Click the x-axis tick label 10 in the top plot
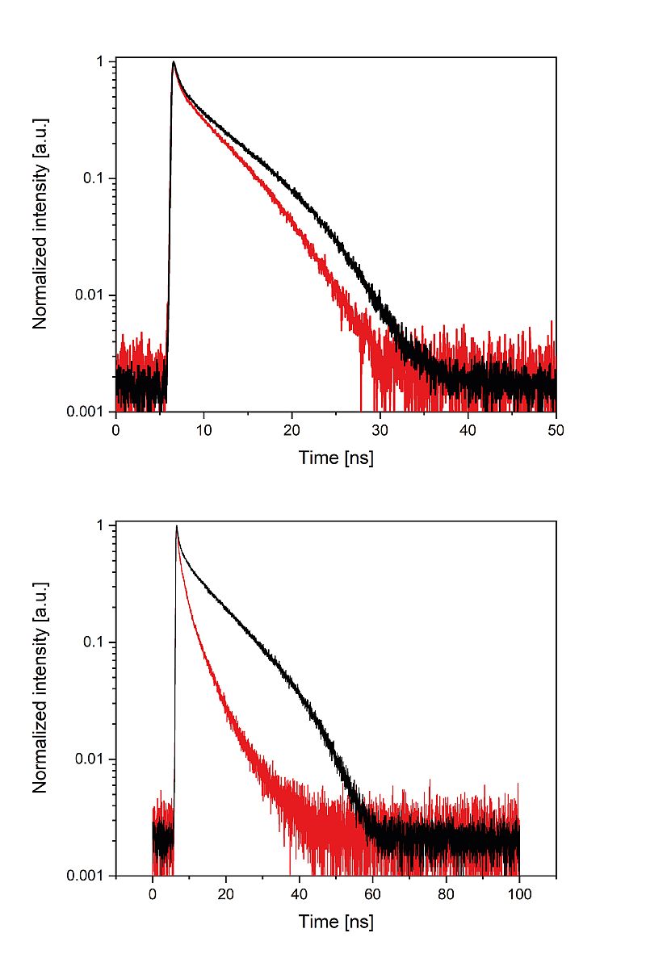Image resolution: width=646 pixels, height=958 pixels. pyautogui.click(x=203, y=430)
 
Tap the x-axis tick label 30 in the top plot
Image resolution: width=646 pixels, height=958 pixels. pyautogui.click(x=380, y=430)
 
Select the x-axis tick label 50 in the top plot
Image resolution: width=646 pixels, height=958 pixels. pyautogui.click(x=556, y=430)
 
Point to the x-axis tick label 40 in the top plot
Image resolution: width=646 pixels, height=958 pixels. pyautogui.click(x=468, y=430)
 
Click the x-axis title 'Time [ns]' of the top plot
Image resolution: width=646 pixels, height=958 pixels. pyautogui.click(x=336, y=458)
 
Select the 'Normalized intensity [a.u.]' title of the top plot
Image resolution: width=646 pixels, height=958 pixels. pyautogui.click(x=40, y=224)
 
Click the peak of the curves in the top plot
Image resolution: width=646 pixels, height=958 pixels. pyautogui.click(x=174, y=61)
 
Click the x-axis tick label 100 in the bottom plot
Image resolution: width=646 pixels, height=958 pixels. pyautogui.click(x=519, y=894)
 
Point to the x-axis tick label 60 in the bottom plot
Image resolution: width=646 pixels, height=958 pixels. pyautogui.click(x=373, y=894)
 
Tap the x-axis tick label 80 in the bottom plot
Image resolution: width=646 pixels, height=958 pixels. pyautogui.click(x=447, y=894)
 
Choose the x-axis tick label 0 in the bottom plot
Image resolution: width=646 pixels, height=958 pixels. pyautogui.click(x=153, y=894)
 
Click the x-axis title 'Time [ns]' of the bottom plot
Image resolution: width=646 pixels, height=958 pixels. pyautogui.click(x=336, y=922)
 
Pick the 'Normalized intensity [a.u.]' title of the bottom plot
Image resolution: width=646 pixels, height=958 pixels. pyautogui.click(x=40, y=688)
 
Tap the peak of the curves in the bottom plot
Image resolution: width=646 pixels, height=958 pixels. pyautogui.click(x=177, y=526)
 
